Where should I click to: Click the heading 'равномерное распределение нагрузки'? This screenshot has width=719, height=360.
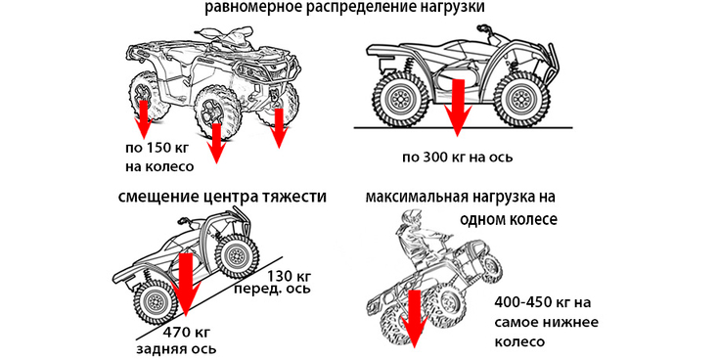pos(344,8)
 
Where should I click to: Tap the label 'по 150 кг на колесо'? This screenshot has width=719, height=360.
pos(159,157)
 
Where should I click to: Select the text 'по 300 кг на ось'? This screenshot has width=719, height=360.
pos(457,157)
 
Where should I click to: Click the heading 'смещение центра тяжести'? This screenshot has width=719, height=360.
pos(222,197)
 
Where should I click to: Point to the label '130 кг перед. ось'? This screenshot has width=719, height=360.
pos(272,283)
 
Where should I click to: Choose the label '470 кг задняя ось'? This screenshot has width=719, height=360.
pos(176,340)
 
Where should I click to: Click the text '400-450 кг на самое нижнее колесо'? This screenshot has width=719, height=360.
pos(546,322)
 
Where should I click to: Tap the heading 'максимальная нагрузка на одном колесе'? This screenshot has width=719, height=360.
pos(461,207)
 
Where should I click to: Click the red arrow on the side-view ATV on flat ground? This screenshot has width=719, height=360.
pos(457,108)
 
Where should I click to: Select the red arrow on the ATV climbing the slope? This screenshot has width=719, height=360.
pos(186,285)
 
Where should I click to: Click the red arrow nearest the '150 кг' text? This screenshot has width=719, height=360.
pos(144,119)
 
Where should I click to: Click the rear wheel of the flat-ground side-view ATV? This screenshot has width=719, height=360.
pos(398,98)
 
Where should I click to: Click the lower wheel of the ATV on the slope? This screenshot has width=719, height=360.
pos(156,301)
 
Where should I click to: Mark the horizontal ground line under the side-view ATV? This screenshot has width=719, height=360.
pos(463,127)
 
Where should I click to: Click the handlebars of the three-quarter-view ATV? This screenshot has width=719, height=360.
pos(220,34)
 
